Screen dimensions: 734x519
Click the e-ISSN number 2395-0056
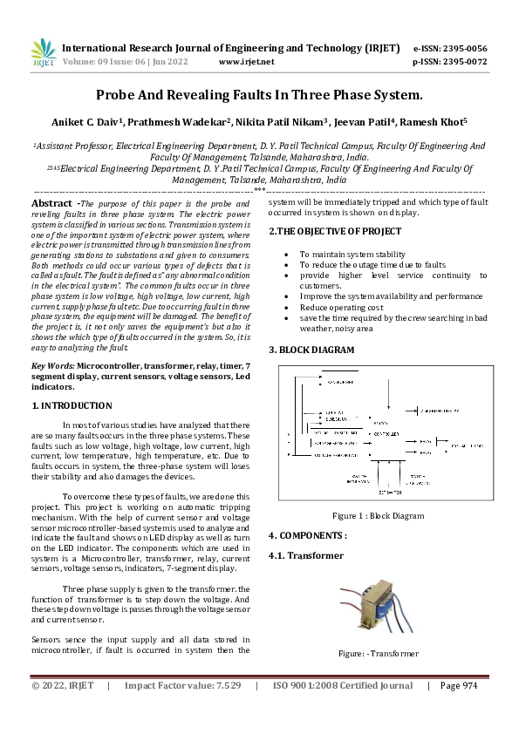(462, 48)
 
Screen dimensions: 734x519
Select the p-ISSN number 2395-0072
(462, 62)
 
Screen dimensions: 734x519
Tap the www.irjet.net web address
(246, 62)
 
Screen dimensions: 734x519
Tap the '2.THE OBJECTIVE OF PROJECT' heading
(335, 231)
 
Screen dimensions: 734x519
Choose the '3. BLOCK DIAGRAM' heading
(311, 350)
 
